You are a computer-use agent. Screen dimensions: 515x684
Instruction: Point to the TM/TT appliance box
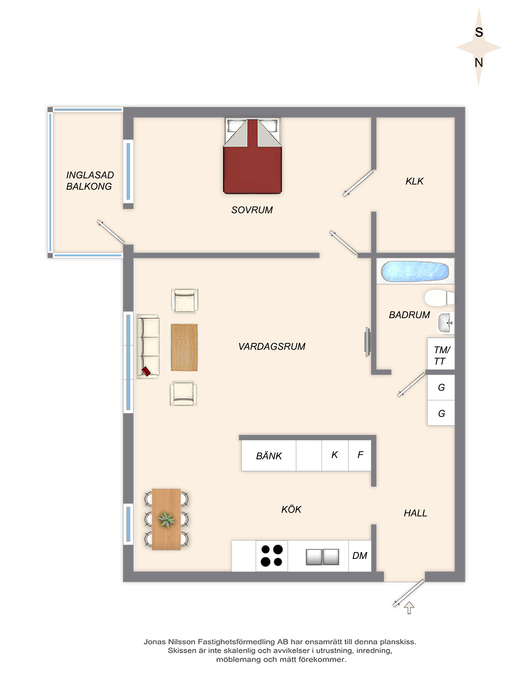point(441,354)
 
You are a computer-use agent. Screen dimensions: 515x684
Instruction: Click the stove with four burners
point(272,556)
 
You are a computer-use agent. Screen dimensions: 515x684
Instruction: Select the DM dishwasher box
point(360,556)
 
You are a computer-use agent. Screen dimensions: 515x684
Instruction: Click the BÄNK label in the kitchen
point(269,456)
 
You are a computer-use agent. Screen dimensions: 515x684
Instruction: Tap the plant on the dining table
point(166,519)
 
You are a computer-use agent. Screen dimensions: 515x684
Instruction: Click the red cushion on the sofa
point(146,371)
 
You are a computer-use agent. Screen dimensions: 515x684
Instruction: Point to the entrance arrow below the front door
point(409,608)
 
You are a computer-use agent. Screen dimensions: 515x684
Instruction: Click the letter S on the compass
point(479,32)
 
